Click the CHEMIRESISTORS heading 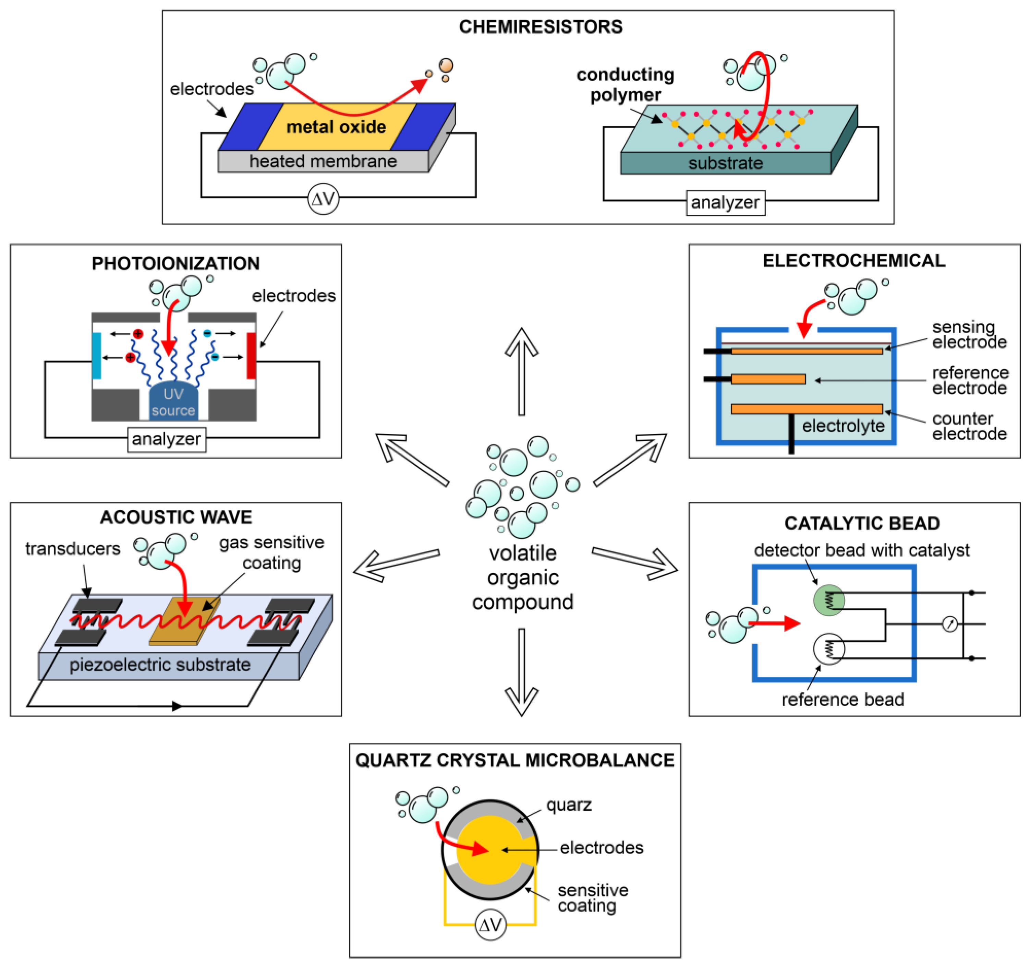coord(541,27)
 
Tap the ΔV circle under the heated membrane coord(323,199)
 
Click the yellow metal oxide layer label coord(336,127)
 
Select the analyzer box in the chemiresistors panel coord(725,202)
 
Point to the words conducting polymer coord(625,84)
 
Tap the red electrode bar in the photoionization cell coord(251,356)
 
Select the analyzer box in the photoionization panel coord(166,439)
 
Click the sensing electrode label coord(969,334)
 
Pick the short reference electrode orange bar coord(767,379)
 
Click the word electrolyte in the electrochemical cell coord(843,426)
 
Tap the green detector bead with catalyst coord(829,600)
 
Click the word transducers coord(73,548)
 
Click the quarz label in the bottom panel coord(568,805)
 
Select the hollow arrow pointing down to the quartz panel coord(521,674)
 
